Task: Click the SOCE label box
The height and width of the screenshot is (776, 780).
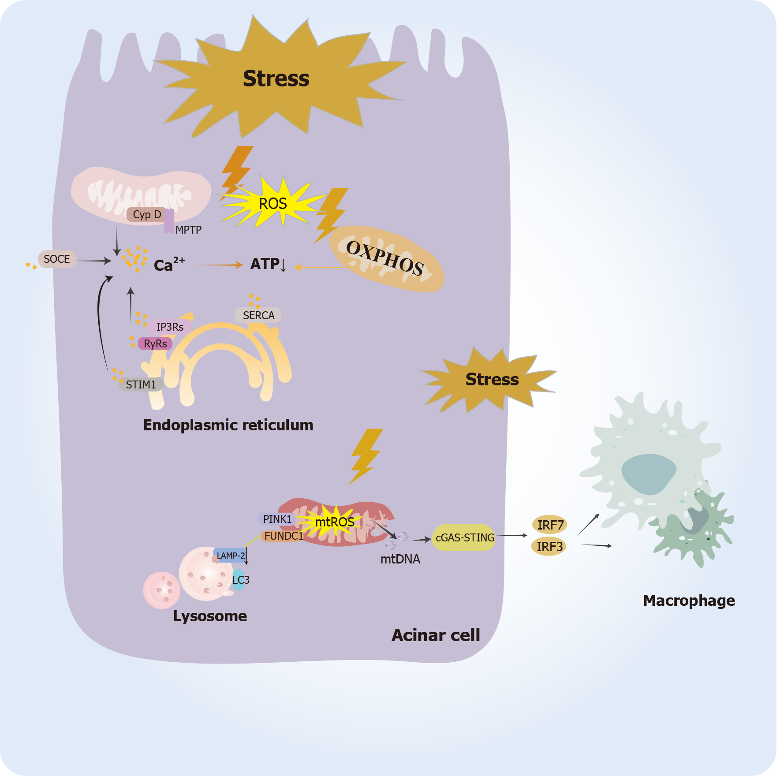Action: click(57, 259)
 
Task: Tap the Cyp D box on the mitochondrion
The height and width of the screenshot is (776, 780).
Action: click(146, 215)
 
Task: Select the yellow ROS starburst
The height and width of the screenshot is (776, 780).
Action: click(272, 203)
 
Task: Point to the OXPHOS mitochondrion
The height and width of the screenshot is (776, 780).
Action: click(386, 259)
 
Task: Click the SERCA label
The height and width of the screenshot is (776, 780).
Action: click(258, 315)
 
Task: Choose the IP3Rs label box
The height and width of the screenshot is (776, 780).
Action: click(170, 327)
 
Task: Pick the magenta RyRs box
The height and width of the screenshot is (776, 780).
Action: click(155, 343)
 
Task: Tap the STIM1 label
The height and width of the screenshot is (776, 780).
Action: click(141, 384)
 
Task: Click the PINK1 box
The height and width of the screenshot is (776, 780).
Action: click(277, 519)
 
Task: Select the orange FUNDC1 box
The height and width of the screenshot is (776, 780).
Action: click(284, 536)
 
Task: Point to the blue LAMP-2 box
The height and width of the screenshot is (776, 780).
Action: click(230, 556)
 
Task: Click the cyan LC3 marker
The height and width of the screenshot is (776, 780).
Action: click(239, 580)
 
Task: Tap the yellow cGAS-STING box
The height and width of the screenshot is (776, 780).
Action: click(464, 537)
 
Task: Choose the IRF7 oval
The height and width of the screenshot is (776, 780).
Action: click(550, 525)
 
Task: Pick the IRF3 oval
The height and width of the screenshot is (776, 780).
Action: click(549, 546)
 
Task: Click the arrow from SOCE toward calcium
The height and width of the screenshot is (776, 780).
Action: click(93, 261)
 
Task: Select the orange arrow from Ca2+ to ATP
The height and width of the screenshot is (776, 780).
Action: click(219, 265)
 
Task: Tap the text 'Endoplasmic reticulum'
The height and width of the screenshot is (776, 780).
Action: click(228, 425)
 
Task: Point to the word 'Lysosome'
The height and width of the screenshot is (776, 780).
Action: click(210, 616)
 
